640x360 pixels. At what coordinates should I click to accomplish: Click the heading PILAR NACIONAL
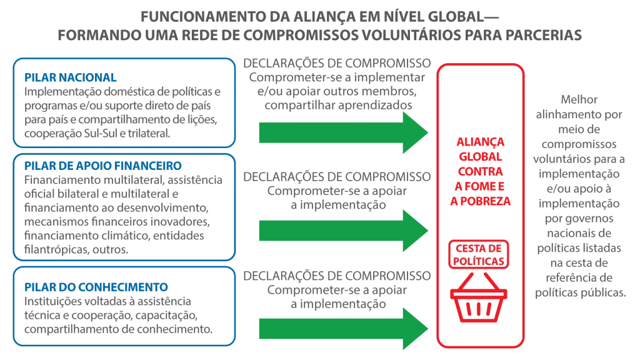tap(70, 77)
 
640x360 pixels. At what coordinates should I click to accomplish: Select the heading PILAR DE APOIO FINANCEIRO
tap(103, 166)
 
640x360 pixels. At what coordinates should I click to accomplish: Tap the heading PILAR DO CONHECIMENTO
tap(96, 287)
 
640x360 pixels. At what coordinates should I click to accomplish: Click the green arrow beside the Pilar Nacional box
tap(344, 132)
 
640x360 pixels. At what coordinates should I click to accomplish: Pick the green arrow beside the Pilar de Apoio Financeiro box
tap(344, 231)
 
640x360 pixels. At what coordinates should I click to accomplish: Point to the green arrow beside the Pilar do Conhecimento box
tap(344, 329)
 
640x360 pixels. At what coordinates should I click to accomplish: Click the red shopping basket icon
tap(479, 297)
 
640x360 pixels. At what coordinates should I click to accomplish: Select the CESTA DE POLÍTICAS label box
tap(479, 255)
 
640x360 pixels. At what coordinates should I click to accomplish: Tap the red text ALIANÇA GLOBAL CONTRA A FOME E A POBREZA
tap(481, 171)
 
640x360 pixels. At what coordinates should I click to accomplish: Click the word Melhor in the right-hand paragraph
tap(579, 99)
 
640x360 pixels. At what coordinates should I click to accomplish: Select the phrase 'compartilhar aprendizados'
tap(338, 105)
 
